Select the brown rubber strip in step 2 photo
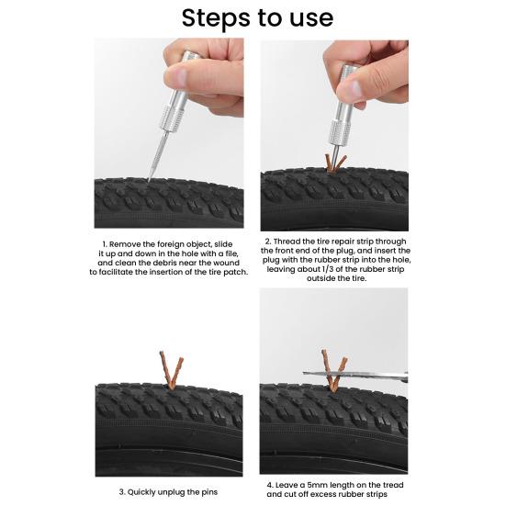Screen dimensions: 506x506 (x=335, y=163)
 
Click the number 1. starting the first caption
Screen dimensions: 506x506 (x=105, y=242)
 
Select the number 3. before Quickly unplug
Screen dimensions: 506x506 (x=121, y=491)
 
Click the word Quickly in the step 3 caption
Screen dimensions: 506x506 (x=146, y=491)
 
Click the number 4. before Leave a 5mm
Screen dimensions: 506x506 (x=270, y=484)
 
